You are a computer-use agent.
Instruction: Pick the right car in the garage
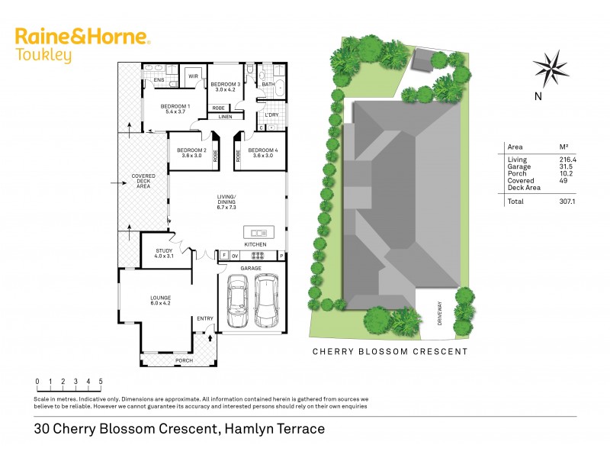(x=267, y=300)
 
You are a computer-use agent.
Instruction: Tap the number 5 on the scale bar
(x=101, y=381)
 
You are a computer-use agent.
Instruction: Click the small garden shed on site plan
(x=422, y=60)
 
